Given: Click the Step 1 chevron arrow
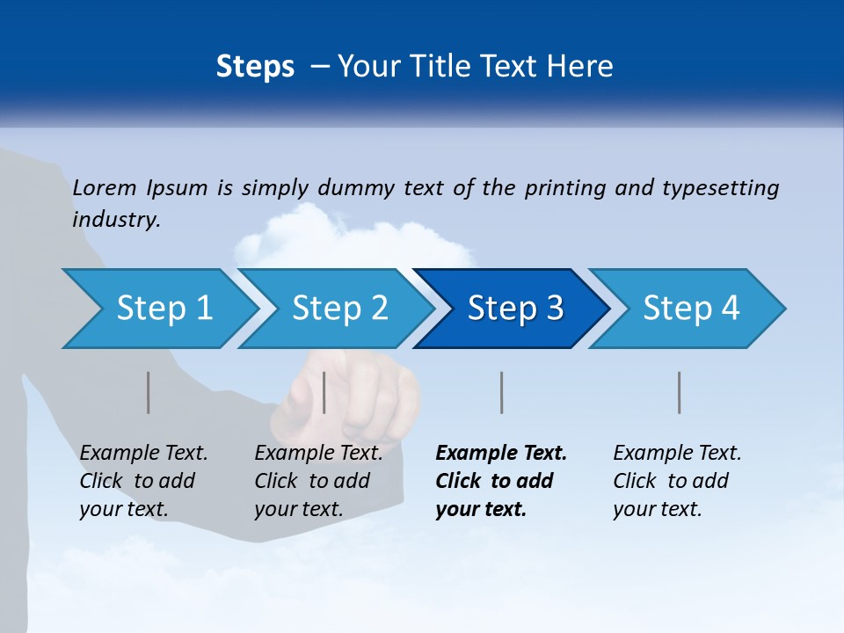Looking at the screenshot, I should click(158, 309).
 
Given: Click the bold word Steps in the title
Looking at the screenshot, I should click(255, 66).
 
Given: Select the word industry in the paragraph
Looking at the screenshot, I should click(115, 219).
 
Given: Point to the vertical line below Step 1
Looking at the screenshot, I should click(148, 392).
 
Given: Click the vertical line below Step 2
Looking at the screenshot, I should click(324, 392).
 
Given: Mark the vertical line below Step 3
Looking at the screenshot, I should click(501, 392).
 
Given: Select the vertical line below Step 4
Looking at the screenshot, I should click(679, 392).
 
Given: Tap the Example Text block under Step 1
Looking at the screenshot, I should click(143, 481).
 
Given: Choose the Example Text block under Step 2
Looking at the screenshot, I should click(318, 481).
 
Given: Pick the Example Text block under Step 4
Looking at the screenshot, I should click(676, 481).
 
